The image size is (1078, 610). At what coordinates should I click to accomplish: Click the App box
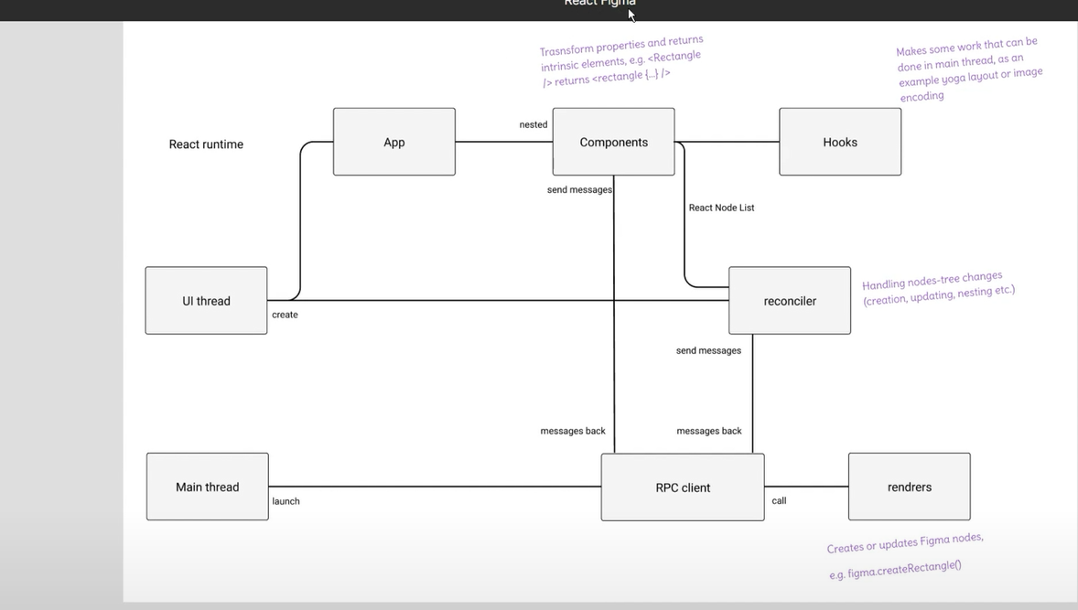[394, 142]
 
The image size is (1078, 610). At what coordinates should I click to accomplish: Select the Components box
[613, 142]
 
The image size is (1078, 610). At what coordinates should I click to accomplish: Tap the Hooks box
[840, 142]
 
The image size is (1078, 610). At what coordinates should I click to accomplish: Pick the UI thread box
[206, 301]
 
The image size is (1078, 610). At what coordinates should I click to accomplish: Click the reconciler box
[790, 301]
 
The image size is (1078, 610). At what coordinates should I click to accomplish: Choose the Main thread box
[207, 487]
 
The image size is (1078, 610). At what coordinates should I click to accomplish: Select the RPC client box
[683, 487]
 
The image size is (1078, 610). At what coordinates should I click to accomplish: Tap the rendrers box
[910, 487]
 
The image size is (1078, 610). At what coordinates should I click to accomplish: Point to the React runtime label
[206, 144]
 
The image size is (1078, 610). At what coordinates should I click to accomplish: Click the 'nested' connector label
[534, 124]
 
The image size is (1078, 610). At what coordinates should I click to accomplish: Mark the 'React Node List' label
[721, 208]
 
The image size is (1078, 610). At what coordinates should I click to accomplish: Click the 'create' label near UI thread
[285, 315]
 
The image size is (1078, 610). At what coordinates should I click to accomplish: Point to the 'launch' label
[286, 501]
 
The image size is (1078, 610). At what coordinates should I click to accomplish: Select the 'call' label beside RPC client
[779, 500]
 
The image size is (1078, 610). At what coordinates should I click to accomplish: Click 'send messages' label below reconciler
[708, 350]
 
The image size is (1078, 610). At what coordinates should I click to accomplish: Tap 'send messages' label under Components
[579, 189]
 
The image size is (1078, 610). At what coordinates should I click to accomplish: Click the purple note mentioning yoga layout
[968, 69]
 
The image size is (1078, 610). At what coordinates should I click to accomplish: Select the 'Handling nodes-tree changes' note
[937, 287]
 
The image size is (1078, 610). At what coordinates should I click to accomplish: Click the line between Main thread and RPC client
[435, 487]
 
